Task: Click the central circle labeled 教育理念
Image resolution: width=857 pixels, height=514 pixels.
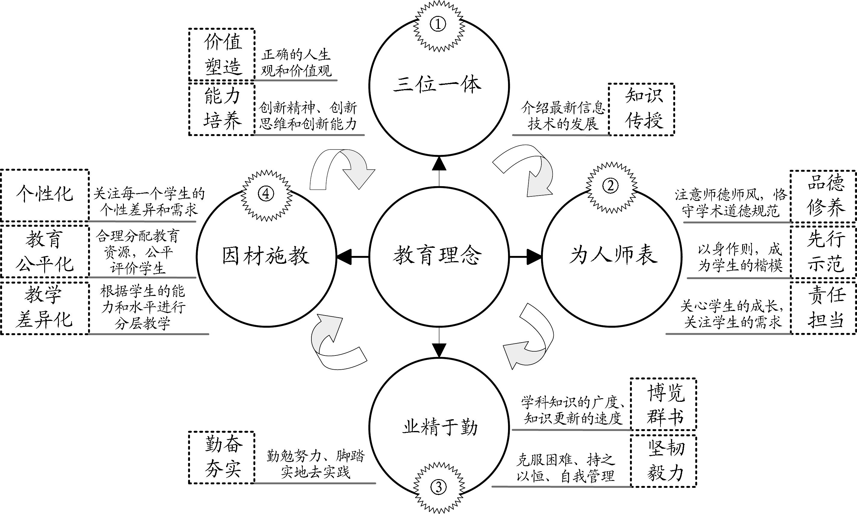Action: coord(439,256)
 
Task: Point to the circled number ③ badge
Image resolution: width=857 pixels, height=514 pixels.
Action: coord(439,487)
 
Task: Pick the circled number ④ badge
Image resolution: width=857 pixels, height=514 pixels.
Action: coord(266,194)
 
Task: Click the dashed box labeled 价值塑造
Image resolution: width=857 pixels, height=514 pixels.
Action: coord(222,55)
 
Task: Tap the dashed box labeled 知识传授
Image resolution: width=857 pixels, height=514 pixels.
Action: coord(641,109)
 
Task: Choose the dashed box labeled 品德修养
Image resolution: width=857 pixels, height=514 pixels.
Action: coord(823,196)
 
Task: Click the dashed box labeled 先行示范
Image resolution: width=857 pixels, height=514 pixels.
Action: coord(823,252)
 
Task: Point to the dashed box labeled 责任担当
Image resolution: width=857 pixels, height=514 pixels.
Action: coord(823,308)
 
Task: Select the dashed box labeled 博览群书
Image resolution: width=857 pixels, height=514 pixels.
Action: coord(663,404)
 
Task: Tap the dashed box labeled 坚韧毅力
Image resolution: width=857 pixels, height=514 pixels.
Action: coord(663,461)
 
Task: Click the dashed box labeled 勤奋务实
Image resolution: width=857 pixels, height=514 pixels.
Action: coord(222,457)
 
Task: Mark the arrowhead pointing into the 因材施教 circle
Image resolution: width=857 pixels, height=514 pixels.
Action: coord(343,257)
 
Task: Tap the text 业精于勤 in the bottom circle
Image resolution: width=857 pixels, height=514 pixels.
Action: coord(439,427)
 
